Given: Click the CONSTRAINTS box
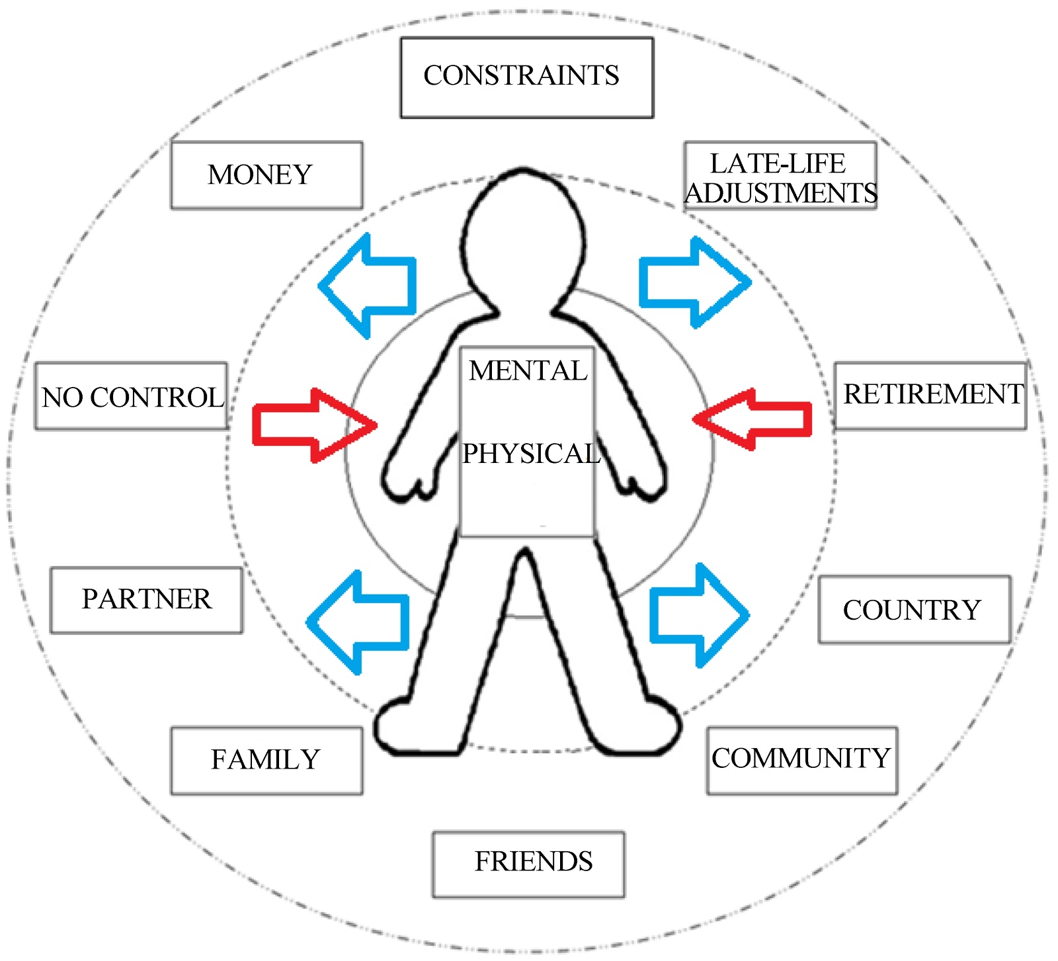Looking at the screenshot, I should click(526, 77).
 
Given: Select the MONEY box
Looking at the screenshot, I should click(266, 175).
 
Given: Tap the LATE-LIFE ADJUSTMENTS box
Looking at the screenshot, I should click(780, 176).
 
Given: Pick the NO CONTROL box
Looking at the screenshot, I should click(132, 396).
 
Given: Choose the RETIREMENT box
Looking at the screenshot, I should click(930, 396).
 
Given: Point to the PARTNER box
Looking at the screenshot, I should click(146, 600).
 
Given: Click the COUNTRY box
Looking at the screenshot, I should click(915, 609).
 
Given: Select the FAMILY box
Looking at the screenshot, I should click(266, 760).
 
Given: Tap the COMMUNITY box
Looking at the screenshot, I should click(801, 760).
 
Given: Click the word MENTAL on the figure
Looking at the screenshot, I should click(528, 371).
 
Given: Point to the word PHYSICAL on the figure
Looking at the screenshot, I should click(530, 454).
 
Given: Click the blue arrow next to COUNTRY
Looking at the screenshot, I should click(698, 615).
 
